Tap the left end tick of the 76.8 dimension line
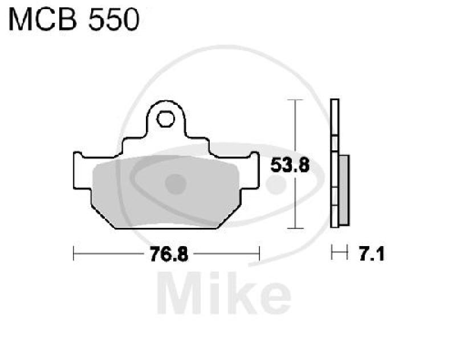tap(74, 253)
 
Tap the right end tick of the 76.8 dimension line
tap(260, 253)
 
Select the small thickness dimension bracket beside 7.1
tap(340, 253)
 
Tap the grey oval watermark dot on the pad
tap(176, 183)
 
